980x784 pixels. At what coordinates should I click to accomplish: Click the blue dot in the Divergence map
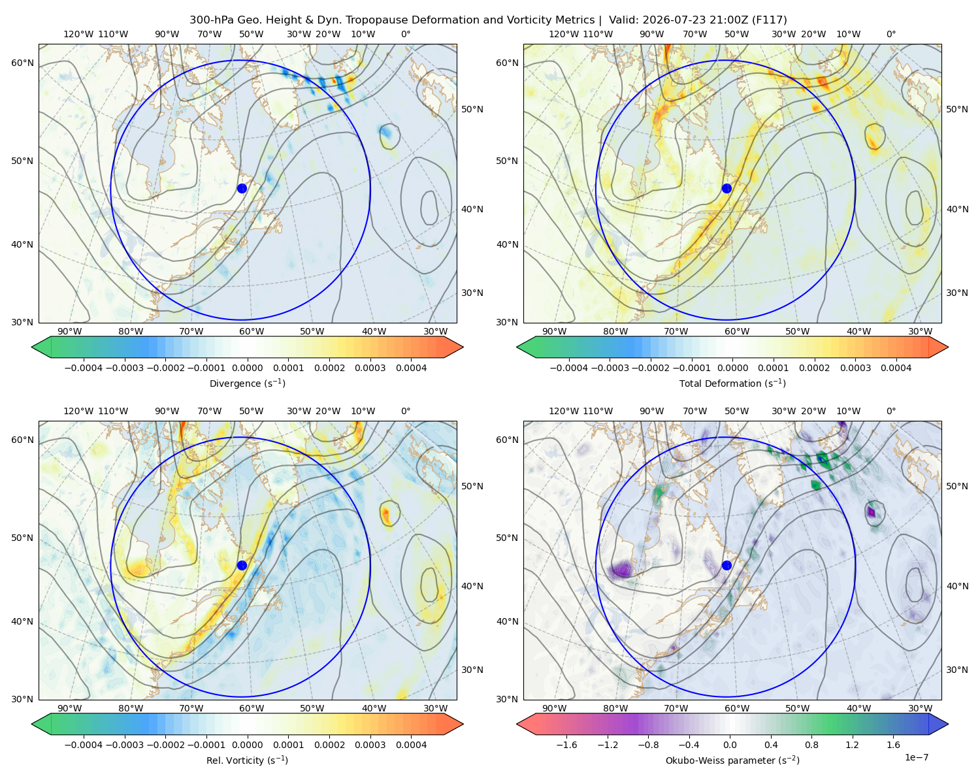point(242,188)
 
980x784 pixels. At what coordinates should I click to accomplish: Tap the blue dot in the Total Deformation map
point(727,188)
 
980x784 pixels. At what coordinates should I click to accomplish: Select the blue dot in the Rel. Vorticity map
point(242,565)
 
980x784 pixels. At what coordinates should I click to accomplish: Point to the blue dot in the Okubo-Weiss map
point(727,565)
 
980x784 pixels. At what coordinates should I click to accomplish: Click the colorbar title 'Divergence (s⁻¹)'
point(247,383)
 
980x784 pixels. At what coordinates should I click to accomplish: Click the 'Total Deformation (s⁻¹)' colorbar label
point(732,383)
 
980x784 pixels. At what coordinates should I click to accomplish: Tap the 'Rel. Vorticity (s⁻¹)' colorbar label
point(247,760)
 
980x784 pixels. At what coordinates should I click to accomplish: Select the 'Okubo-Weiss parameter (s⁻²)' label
point(732,760)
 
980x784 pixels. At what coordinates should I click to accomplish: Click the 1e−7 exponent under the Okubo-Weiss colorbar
point(916,757)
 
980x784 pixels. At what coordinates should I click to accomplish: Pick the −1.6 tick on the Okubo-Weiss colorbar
point(566,745)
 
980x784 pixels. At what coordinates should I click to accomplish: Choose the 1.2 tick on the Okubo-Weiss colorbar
point(852,745)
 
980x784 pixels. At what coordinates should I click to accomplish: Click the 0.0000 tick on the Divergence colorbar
point(247,368)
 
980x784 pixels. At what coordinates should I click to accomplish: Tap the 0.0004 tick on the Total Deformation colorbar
point(896,368)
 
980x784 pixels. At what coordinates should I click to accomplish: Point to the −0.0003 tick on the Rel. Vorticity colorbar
point(124,745)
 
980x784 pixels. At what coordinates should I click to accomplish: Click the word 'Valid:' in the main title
point(624,20)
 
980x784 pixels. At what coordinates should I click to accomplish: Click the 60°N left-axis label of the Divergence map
point(22,63)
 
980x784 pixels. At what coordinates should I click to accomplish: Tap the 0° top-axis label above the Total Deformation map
point(891,34)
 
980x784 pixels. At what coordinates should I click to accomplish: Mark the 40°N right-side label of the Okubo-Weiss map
point(957,586)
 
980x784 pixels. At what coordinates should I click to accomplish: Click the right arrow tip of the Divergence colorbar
point(463,347)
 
